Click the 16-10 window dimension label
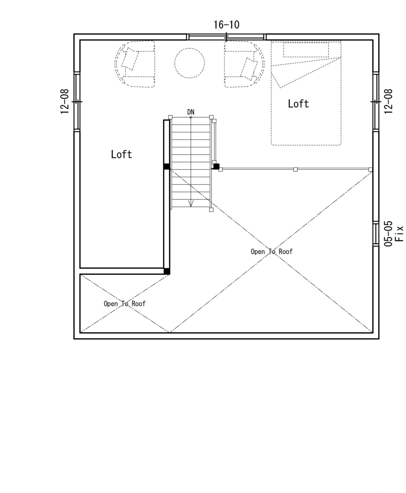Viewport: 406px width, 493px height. (226, 25)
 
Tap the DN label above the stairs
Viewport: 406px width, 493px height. (191, 112)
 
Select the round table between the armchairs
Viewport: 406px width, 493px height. (190, 63)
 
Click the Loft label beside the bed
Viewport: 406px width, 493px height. (298, 104)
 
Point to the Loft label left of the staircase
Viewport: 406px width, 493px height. (121, 154)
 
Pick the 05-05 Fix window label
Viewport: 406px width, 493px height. (394, 233)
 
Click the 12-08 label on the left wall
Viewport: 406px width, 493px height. (64, 102)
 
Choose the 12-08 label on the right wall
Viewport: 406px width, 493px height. (388, 102)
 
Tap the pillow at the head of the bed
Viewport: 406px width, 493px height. (306, 49)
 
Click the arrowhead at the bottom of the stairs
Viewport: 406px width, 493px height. (191, 204)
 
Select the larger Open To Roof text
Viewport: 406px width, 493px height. (272, 252)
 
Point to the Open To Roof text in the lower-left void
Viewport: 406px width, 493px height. (124, 304)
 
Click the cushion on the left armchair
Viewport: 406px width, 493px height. (130, 59)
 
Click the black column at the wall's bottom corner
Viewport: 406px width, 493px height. (167, 271)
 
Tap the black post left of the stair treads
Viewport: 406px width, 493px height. (167, 166)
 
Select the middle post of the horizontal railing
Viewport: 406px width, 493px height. (295, 169)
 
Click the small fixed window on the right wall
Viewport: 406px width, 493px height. (376, 234)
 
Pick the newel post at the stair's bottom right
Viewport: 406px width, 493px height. (211, 210)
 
